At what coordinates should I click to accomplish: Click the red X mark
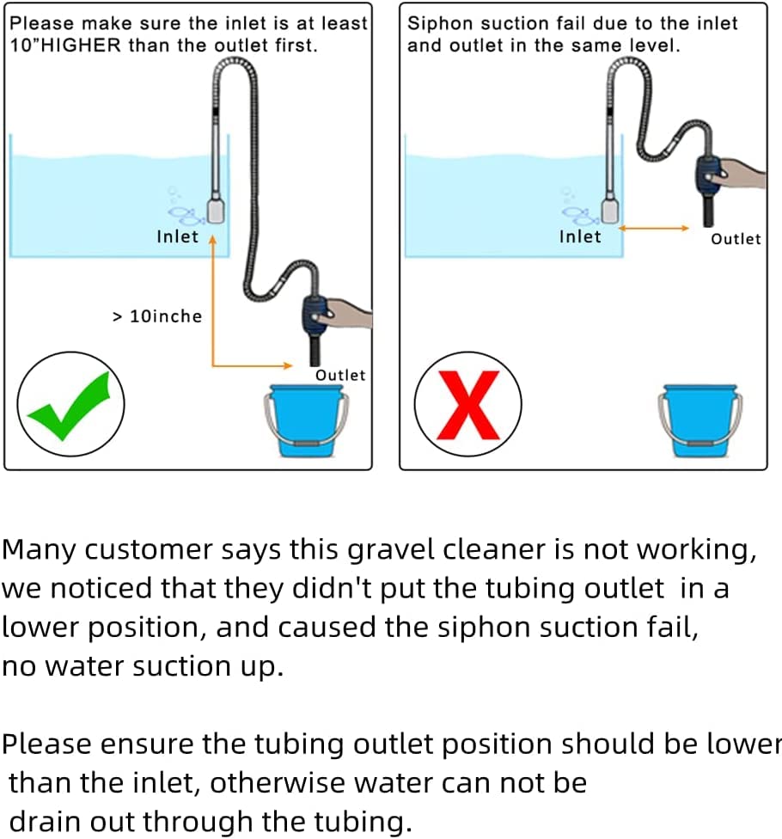pyautogui.click(x=468, y=405)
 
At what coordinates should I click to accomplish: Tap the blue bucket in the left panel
pyautogui.click(x=306, y=421)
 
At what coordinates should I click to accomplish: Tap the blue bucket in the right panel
pyautogui.click(x=700, y=421)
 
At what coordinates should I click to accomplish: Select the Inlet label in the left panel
pyautogui.click(x=177, y=236)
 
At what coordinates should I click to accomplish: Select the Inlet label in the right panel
pyautogui.click(x=580, y=236)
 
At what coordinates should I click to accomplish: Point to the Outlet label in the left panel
pyautogui.click(x=340, y=375)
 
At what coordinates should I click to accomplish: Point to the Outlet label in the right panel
pyautogui.click(x=736, y=239)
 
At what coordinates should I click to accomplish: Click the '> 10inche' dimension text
pyautogui.click(x=157, y=316)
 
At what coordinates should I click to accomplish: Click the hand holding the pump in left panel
pyautogui.click(x=349, y=313)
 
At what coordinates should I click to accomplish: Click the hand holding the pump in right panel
pyautogui.click(x=742, y=173)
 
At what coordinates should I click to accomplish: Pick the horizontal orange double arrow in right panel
pyautogui.click(x=654, y=229)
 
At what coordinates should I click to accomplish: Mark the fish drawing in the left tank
pyautogui.click(x=185, y=215)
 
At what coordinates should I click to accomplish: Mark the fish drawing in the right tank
pyautogui.click(x=579, y=215)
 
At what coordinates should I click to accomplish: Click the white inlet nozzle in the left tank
pyautogui.click(x=216, y=210)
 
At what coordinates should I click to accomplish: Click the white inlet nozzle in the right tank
pyautogui.click(x=610, y=210)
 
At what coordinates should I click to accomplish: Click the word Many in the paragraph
pyautogui.click(x=39, y=550)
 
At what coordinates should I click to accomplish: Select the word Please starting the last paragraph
pyautogui.click(x=46, y=744)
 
